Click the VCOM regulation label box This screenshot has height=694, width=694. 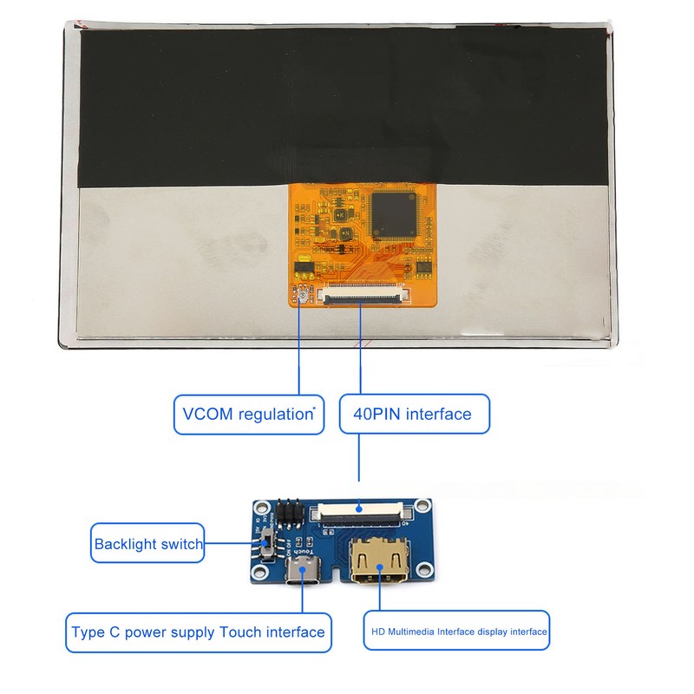point(248,414)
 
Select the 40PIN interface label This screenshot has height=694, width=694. point(413,414)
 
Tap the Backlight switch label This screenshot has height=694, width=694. point(148,544)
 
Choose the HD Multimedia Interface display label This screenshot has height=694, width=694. point(455,632)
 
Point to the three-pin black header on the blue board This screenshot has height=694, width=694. point(289,514)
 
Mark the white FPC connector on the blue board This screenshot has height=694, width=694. point(362,514)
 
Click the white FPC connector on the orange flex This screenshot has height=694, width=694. point(362,295)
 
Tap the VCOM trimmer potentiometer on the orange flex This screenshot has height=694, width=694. point(302,297)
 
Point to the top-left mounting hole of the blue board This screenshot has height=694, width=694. point(259,507)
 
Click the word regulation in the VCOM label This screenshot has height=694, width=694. point(273,414)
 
